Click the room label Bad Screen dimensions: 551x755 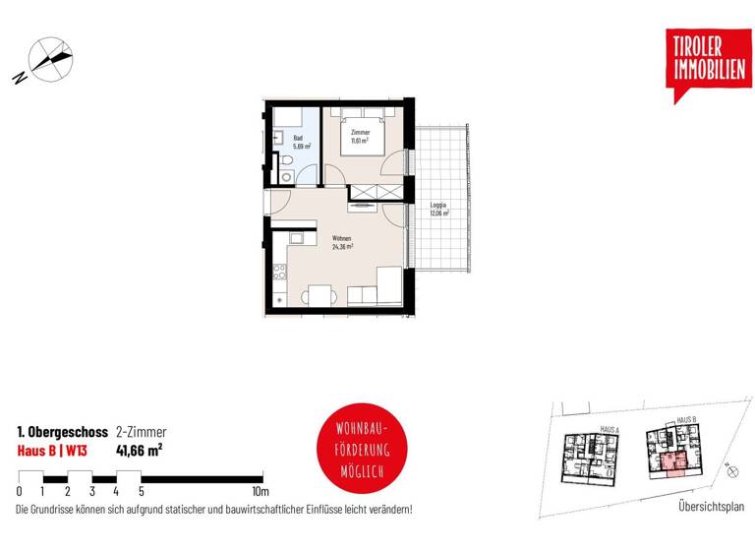[x=297, y=139]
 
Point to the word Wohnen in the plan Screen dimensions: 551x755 [x=342, y=239]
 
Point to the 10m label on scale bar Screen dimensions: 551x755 [x=261, y=491]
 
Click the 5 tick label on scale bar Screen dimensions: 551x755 [x=141, y=491]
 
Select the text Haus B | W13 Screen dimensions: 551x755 [x=54, y=452]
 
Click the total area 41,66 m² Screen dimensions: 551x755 [x=139, y=452]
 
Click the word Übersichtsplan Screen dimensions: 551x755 [x=712, y=507]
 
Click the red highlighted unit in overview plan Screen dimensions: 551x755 [x=672, y=461]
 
